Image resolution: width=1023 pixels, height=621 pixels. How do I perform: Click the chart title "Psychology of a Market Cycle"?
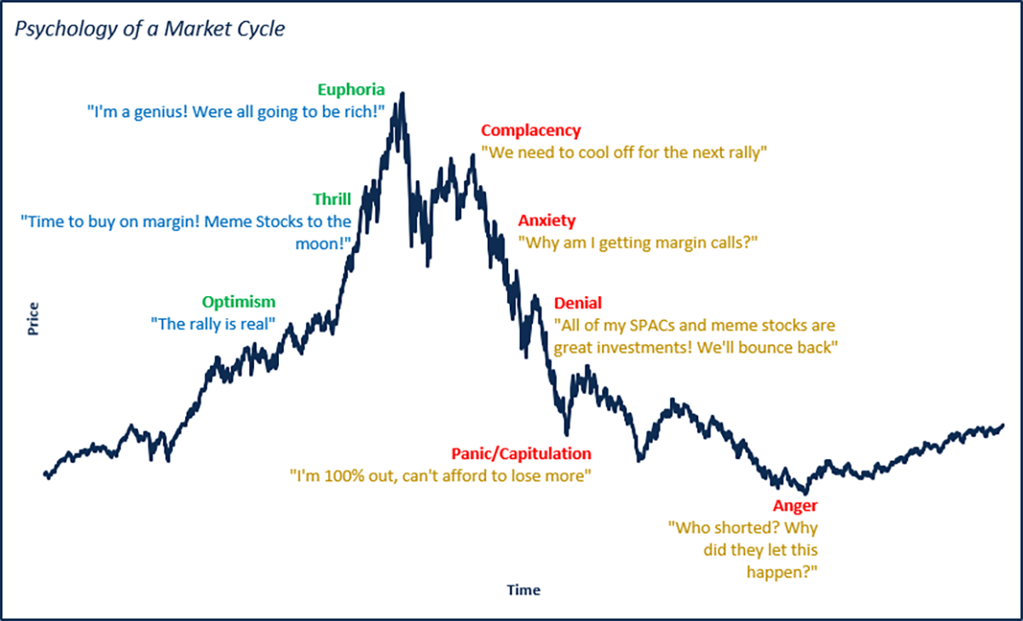click(x=149, y=29)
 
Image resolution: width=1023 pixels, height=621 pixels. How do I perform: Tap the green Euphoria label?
click(x=351, y=90)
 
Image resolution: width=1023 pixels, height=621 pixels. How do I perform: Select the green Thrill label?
click(x=332, y=199)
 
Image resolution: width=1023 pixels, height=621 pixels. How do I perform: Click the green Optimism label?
click(x=239, y=302)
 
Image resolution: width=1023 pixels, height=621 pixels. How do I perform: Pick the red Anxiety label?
click(x=546, y=221)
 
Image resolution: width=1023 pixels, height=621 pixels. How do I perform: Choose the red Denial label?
click(x=577, y=303)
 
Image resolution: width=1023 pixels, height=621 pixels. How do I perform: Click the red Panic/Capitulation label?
click(x=520, y=454)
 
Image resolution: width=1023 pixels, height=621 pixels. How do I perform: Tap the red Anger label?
click(x=795, y=506)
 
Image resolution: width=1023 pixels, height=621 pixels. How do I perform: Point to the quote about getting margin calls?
click(x=638, y=242)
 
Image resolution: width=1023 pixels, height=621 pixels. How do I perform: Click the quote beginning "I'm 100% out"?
click(x=440, y=475)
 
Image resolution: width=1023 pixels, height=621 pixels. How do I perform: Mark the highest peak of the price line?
click(x=402, y=94)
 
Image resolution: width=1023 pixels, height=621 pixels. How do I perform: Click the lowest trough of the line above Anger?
click(x=803, y=492)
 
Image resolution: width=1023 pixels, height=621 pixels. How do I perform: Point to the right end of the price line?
click(x=1002, y=425)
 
